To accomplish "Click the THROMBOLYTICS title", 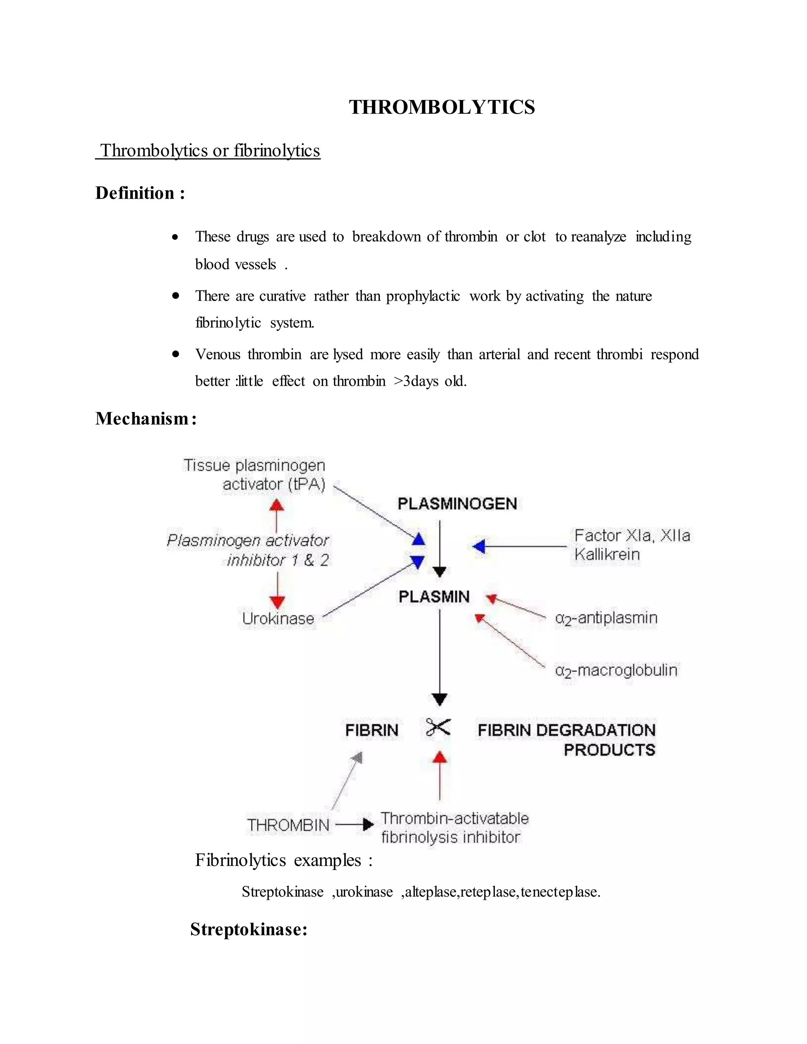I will pos(441,107).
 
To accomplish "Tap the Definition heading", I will pos(139,193).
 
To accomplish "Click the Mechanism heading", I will pos(146,419).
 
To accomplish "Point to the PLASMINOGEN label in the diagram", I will pos(457,504).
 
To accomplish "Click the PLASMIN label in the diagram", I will pos(434,596).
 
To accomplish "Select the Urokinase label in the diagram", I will pos(278,619).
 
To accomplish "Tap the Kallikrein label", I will pos(607,555).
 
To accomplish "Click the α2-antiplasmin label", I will pos(606,618).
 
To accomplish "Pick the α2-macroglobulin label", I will pos(616,670).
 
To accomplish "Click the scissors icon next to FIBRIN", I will pos(437,728).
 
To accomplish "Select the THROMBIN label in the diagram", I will pos(288,825).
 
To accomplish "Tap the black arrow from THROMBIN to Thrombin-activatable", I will pos(355,825).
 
